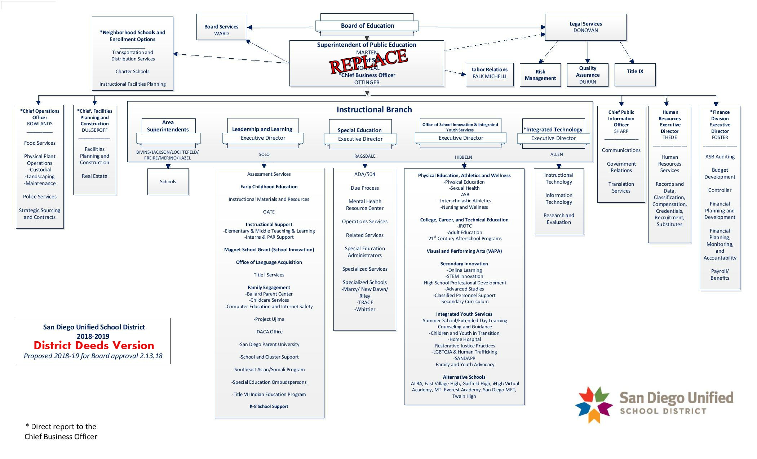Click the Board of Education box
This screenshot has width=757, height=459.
(367, 26)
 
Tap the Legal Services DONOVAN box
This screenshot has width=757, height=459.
(585, 27)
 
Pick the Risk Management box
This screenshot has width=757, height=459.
(540, 75)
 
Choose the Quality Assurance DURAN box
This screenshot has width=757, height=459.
(588, 75)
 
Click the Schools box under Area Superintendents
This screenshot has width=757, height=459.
(168, 182)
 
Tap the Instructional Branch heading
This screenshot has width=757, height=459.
(374, 110)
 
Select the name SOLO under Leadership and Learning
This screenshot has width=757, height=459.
(264, 154)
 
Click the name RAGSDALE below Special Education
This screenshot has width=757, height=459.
(365, 156)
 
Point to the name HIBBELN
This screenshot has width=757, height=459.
(463, 157)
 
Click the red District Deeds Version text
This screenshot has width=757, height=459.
(94, 346)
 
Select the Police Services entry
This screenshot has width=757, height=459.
(40, 197)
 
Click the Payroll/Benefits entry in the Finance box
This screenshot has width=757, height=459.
(720, 275)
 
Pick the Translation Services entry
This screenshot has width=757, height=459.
(621, 188)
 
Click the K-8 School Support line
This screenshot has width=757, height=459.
(269, 406)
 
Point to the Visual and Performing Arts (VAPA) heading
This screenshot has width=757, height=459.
(464, 251)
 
